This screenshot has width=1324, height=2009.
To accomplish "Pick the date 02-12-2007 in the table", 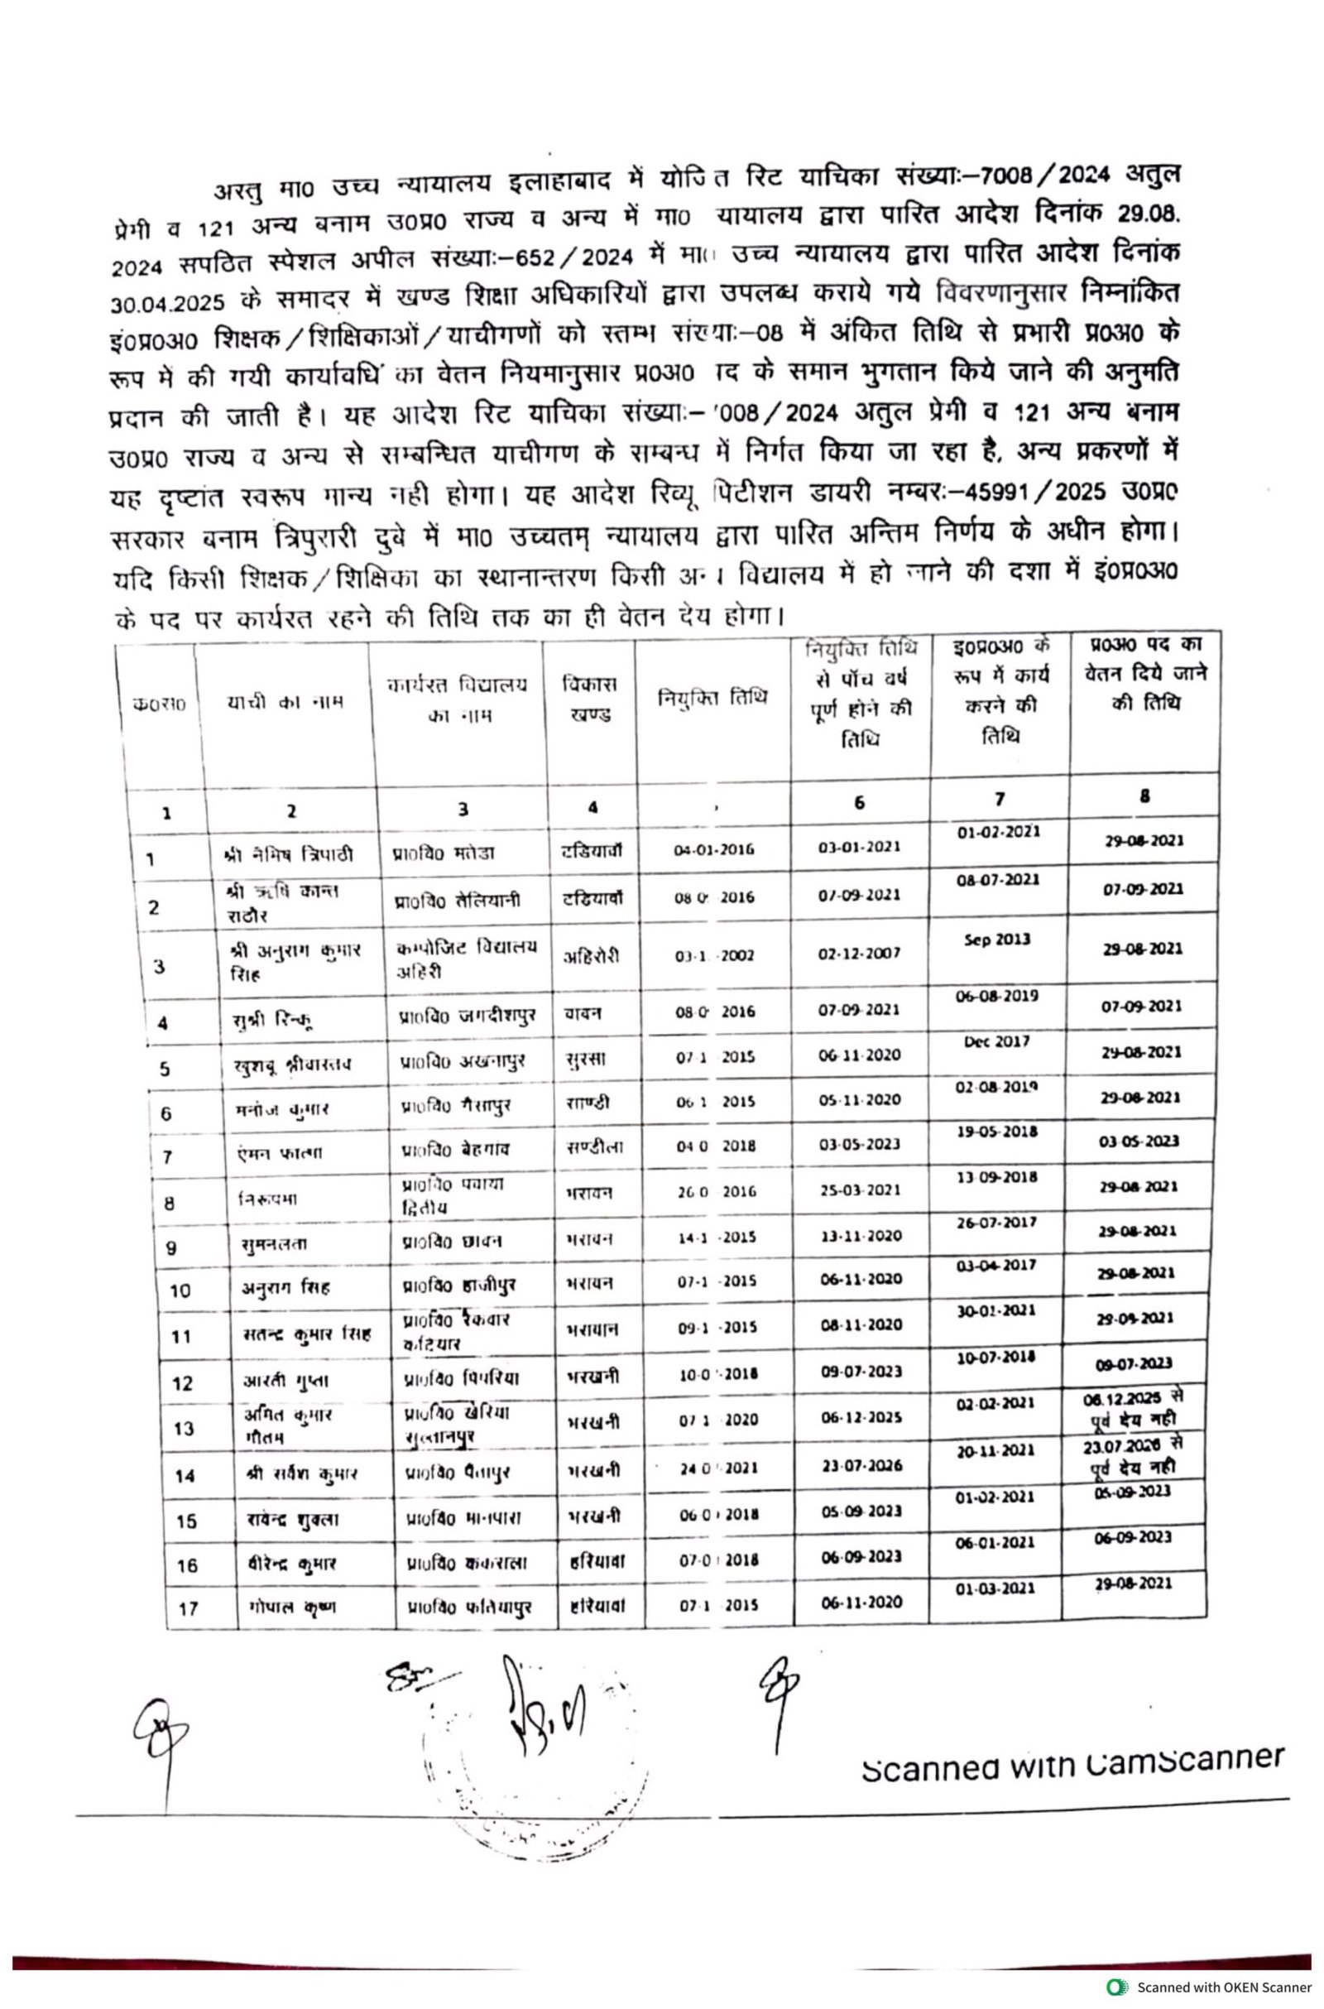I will point(859,954).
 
